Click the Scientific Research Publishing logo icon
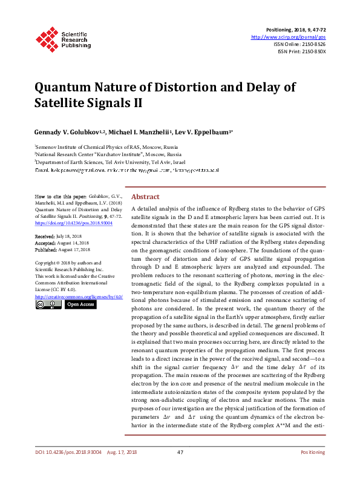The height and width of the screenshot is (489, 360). tap(47, 38)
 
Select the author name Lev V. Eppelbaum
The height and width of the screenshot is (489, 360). tap(203, 132)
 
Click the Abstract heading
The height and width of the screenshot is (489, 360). tap(145, 197)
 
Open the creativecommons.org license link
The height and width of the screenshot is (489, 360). tap(79, 297)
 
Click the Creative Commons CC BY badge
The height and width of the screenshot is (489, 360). tap(48, 304)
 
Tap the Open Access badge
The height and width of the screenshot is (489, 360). tap(80, 304)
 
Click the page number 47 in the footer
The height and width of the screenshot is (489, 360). tap(180, 470)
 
